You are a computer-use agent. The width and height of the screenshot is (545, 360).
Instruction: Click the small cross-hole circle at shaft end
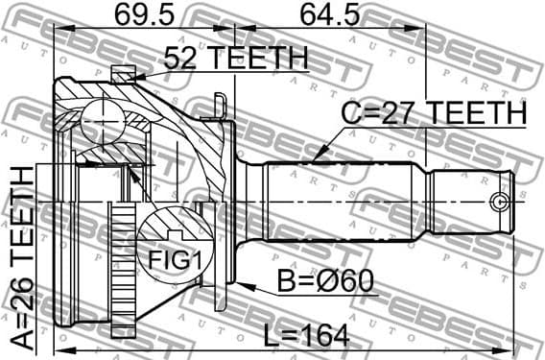[x=497, y=202]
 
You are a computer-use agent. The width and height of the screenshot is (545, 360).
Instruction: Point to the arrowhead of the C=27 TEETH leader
[x=312, y=158]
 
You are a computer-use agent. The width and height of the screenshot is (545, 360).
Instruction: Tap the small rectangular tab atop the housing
[x=124, y=73]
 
